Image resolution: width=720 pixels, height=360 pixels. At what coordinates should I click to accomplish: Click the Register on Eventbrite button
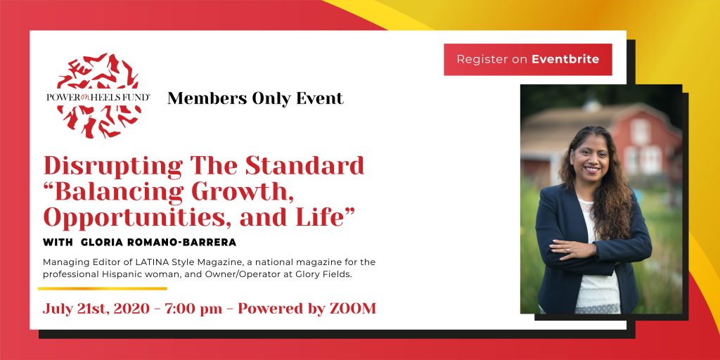click(527, 59)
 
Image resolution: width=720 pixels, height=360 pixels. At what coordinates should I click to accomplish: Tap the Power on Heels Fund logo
click(98, 96)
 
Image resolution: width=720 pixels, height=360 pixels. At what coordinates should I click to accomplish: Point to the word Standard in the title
click(304, 166)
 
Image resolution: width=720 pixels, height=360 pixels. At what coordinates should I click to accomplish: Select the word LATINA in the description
click(162, 262)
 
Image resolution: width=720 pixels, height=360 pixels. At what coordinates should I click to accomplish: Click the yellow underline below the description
click(103, 289)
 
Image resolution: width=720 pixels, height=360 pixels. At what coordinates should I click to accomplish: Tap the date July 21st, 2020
click(96, 309)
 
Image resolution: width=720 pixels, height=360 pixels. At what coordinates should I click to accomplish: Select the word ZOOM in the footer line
click(353, 309)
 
